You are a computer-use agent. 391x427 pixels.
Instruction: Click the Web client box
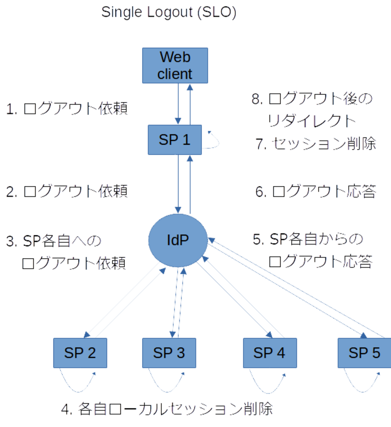pos(175,65)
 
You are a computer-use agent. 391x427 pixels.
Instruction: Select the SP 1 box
pos(175,140)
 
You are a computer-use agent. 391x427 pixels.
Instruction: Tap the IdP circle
pos(178,240)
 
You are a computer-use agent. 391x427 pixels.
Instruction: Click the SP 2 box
pos(80,353)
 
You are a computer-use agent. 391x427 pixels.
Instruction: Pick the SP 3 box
pos(169,353)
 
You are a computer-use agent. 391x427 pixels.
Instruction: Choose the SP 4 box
pos(270,353)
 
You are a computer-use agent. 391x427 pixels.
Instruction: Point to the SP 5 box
pos(364,353)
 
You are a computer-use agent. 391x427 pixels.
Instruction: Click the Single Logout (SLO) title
pos(169,12)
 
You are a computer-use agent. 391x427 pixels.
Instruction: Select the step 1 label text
pos(67,109)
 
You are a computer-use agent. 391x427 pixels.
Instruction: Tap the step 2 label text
pos(67,191)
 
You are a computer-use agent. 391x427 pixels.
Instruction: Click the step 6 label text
pos(316,191)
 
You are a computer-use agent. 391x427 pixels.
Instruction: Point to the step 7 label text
pos(316,144)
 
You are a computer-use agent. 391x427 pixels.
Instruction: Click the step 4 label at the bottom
pos(167,409)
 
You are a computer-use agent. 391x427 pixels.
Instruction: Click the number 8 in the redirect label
pos(255,99)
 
